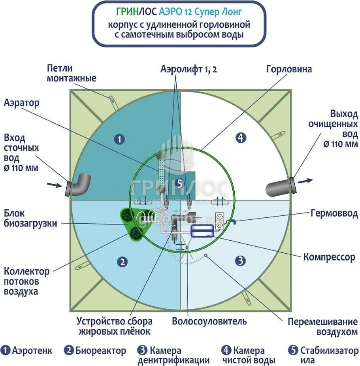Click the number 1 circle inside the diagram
click(x=119, y=139)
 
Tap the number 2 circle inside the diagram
click(x=123, y=261)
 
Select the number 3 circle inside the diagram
click(x=241, y=260)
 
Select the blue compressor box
click(x=202, y=231)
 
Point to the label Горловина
click(x=289, y=70)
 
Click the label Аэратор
click(x=22, y=104)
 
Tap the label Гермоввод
click(x=334, y=214)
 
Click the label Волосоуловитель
click(x=209, y=321)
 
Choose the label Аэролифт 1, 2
click(x=188, y=69)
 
